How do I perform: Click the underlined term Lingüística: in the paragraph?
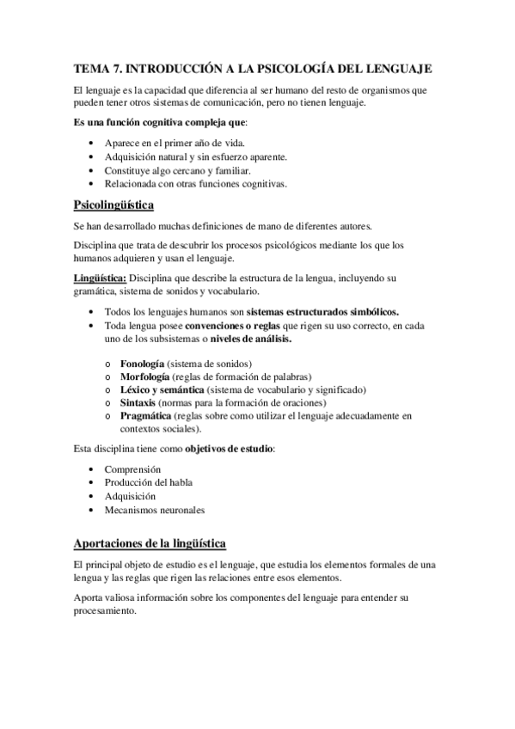coord(101,279)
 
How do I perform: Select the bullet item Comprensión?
coord(132,469)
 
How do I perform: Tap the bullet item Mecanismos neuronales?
coord(155,510)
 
